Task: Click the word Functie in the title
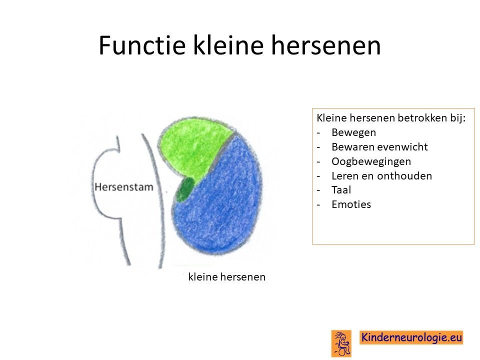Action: point(142,45)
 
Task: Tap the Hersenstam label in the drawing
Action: point(124,187)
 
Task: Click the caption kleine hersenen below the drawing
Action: point(227,276)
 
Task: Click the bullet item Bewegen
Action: point(353,132)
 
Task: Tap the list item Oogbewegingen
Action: point(371,161)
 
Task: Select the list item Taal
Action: point(341,190)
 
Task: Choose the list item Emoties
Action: point(351,204)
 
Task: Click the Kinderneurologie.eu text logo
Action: point(411,337)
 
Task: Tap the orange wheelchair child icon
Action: point(341,343)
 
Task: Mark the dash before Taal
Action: point(318,190)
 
